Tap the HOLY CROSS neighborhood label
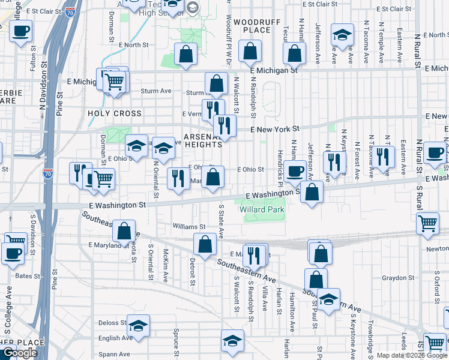click(115, 113)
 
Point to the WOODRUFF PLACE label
click(253, 25)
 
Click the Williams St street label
click(189, 227)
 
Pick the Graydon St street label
click(399, 278)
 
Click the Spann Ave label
click(115, 355)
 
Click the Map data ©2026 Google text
click(412, 355)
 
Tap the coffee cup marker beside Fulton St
click(20, 31)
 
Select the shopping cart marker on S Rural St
click(428, 223)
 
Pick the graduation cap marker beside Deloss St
click(138, 326)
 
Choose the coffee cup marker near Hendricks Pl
click(295, 172)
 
